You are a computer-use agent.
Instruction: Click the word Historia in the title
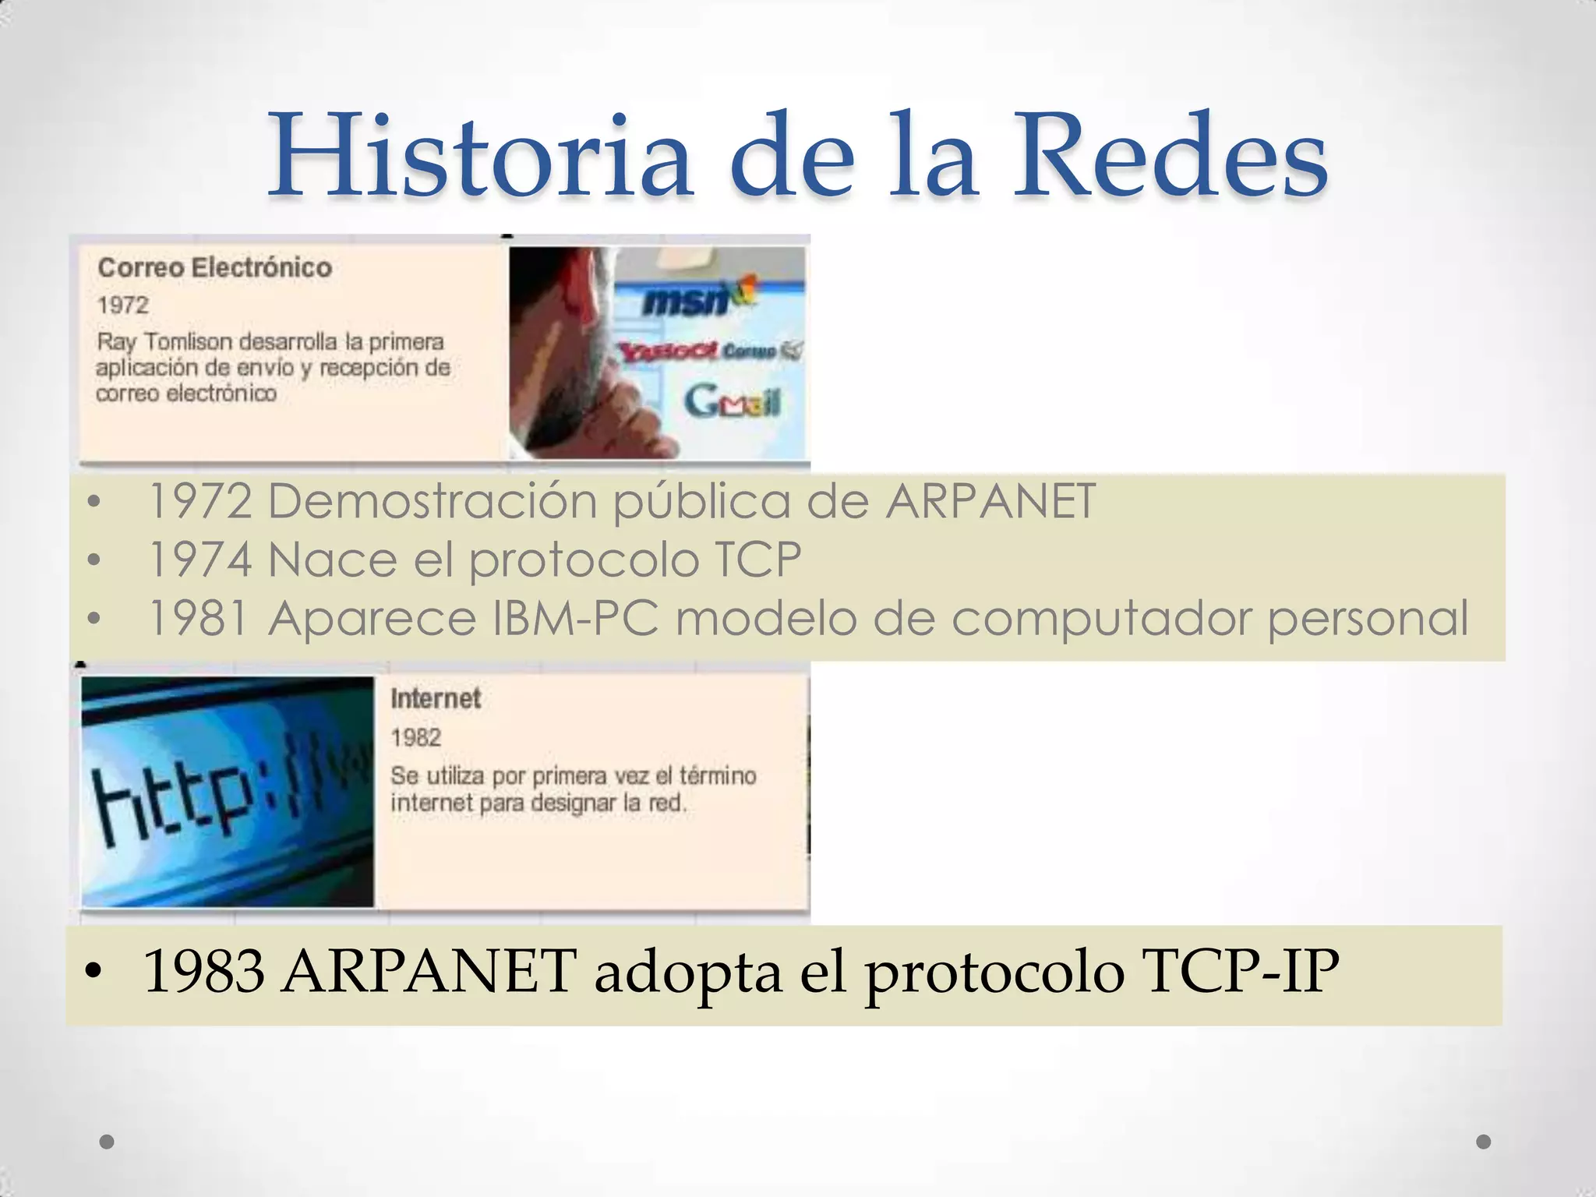[x=479, y=156]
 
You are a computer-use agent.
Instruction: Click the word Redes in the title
[x=1169, y=156]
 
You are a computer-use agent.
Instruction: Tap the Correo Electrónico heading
[x=215, y=268]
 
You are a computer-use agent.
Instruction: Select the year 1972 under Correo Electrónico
[x=122, y=305]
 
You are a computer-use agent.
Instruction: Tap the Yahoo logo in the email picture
[x=669, y=351]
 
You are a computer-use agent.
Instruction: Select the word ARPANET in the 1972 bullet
[x=990, y=501]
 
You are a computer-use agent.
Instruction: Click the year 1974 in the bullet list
[x=200, y=560]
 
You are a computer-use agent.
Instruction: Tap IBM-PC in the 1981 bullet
[x=576, y=619]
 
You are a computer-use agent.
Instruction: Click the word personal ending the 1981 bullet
[x=1368, y=619]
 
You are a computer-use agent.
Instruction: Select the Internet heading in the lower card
[x=436, y=698]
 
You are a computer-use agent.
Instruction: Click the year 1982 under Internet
[x=415, y=737]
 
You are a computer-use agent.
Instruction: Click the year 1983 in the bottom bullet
[x=204, y=972]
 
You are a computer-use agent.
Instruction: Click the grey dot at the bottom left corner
[x=108, y=1142]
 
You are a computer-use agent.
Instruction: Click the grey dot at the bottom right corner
[x=1484, y=1142]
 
